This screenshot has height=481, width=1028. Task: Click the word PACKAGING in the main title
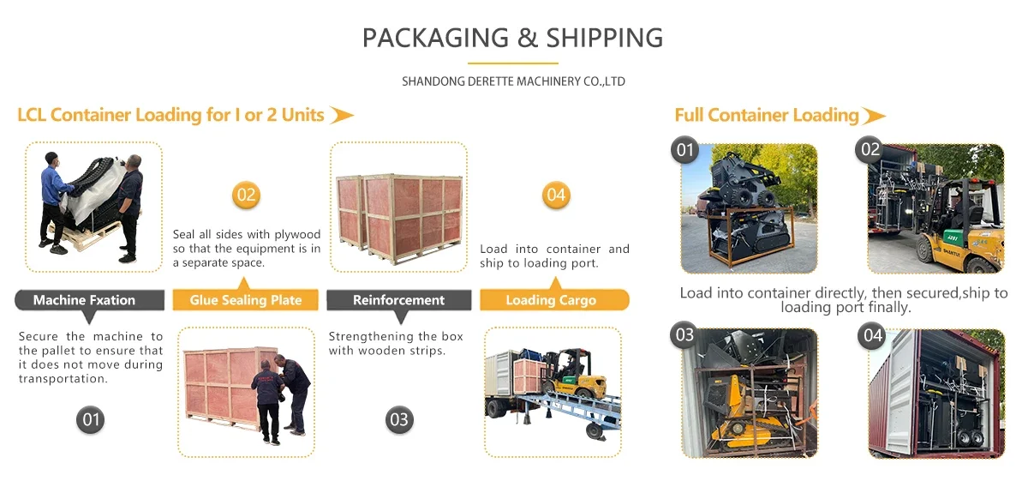[x=435, y=38]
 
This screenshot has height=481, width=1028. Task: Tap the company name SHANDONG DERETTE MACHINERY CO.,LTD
[x=513, y=81]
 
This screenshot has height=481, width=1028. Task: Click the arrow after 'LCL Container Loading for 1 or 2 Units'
[x=342, y=115]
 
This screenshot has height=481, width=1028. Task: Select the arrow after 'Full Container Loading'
[x=873, y=115]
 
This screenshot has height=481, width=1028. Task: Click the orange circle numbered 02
[x=246, y=195]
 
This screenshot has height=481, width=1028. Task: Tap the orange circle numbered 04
[x=556, y=195]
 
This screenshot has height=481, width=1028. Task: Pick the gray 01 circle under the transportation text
[x=91, y=419]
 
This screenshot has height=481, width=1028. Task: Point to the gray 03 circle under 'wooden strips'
[x=399, y=419]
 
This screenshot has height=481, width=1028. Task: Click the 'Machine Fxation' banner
[x=89, y=300]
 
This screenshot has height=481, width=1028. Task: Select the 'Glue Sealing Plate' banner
[x=246, y=299]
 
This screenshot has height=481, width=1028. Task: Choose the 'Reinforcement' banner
[x=399, y=300]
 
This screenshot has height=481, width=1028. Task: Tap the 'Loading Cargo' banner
[x=554, y=299]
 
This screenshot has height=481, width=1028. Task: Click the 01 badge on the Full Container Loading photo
[x=684, y=150]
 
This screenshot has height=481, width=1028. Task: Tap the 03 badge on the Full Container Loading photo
[x=684, y=335]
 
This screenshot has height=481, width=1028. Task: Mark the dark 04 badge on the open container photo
[x=872, y=335]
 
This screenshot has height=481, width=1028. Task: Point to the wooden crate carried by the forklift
[x=529, y=376]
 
